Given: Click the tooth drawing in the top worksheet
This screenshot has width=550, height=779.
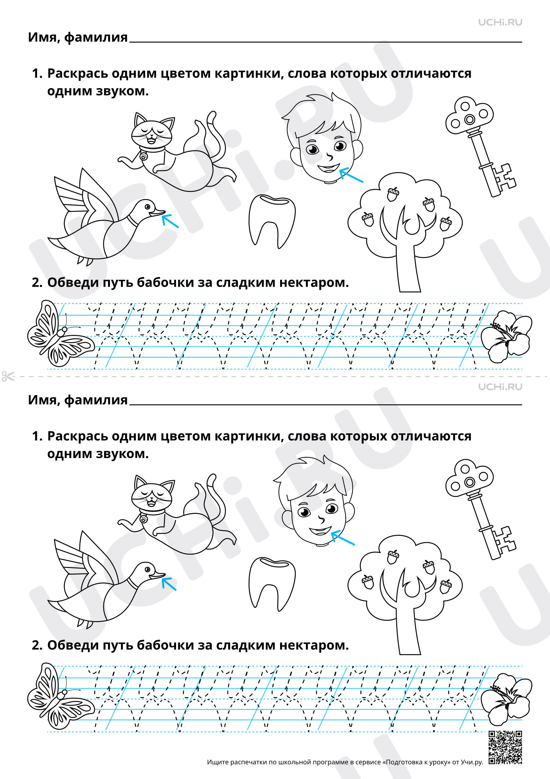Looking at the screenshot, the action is [272, 221].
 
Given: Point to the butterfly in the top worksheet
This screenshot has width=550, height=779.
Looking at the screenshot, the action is [59, 333].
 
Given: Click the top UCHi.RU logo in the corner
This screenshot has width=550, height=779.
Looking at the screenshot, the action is [500, 23].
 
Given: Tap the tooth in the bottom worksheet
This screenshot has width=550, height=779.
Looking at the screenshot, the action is [272, 584].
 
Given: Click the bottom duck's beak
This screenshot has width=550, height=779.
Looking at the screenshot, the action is [158, 576].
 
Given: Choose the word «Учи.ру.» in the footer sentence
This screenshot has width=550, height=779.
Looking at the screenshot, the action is [472, 762].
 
